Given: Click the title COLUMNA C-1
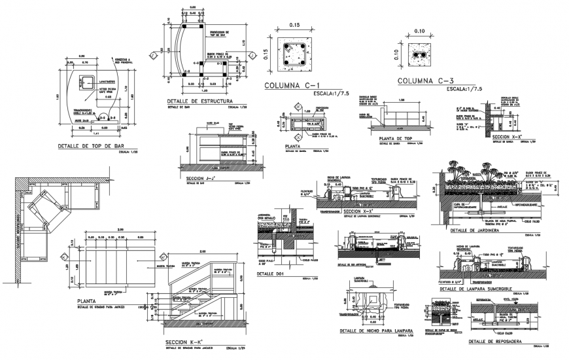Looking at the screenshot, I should (294, 86).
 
